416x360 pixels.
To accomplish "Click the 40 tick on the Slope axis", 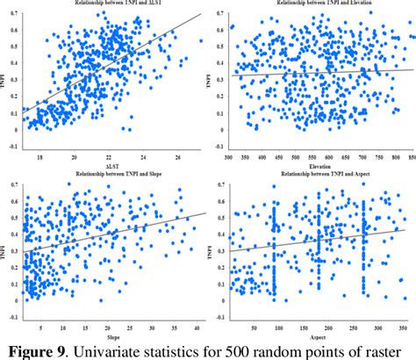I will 201,328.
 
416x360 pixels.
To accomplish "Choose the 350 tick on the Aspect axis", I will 401,328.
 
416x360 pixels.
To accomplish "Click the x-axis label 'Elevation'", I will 317,165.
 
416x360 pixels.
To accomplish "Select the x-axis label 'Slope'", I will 112,336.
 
